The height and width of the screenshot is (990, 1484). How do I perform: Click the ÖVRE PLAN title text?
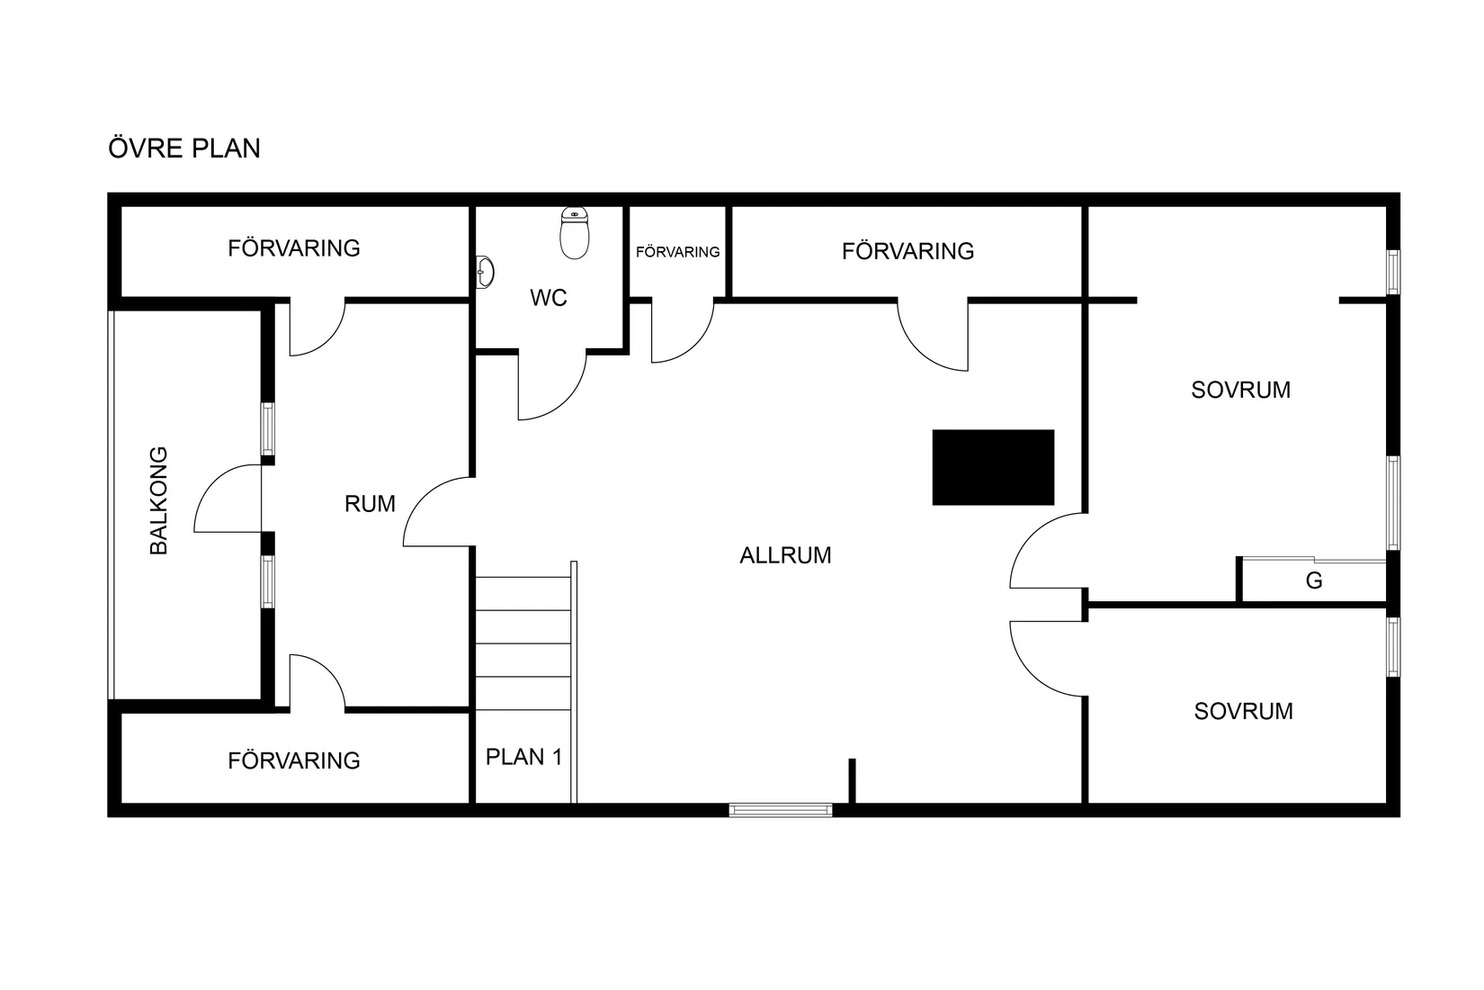tap(184, 148)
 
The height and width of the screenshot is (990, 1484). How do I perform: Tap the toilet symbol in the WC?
tap(575, 233)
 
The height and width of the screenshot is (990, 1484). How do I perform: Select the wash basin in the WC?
tap(485, 272)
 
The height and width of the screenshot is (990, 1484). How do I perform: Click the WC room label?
tap(549, 298)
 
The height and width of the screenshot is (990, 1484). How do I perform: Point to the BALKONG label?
tap(159, 500)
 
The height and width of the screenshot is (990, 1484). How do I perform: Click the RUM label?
tap(370, 504)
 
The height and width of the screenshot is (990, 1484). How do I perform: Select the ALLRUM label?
tap(785, 555)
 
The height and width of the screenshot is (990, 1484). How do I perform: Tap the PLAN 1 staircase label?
tap(524, 757)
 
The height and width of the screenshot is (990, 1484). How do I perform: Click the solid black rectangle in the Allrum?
tap(993, 467)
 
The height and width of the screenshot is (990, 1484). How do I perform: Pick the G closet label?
tap(1314, 580)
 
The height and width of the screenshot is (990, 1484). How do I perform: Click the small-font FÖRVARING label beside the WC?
tap(678, 252)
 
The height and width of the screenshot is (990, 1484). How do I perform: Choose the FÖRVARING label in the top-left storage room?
tap(294, 248)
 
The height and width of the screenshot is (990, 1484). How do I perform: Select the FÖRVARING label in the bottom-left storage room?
tap(294, 760)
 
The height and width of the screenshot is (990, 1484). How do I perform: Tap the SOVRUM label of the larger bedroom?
tap(1241, 390)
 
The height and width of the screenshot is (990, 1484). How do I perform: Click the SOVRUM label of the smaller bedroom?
tap(1244, 712)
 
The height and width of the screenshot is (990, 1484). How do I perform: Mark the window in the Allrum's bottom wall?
tap(781, 810)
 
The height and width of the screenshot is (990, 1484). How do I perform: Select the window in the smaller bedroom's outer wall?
tap(1394, 647)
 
